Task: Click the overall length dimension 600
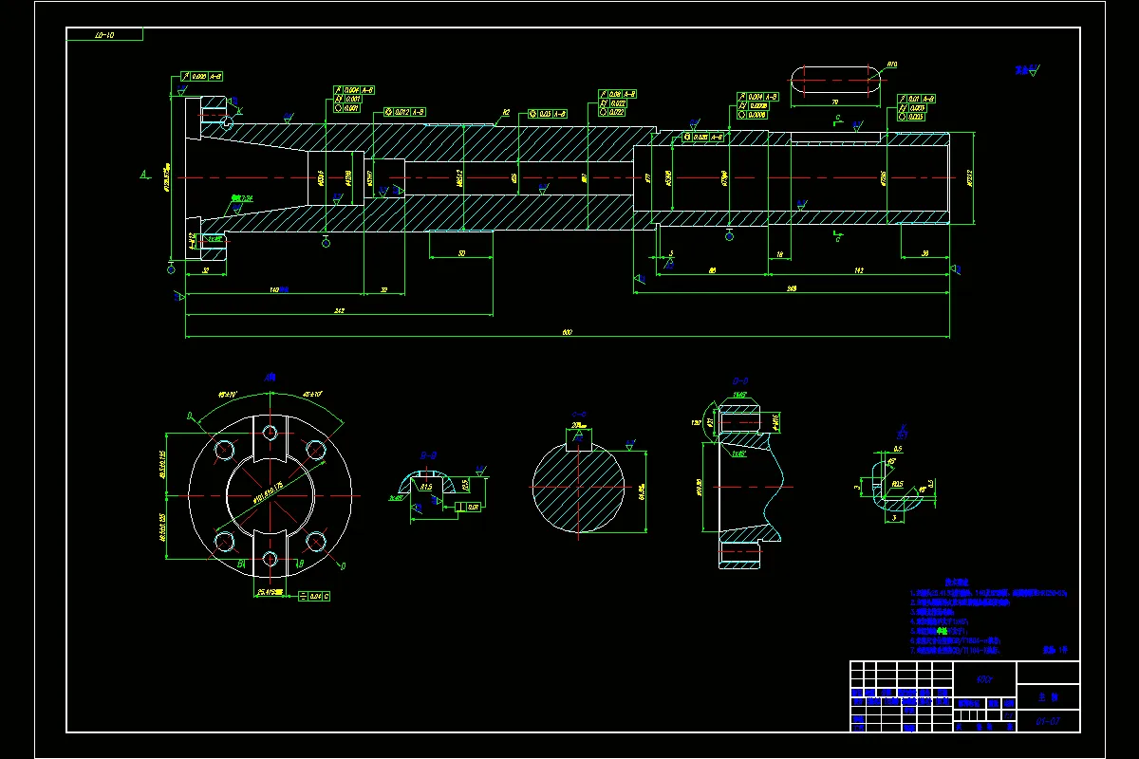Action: pos(568,332)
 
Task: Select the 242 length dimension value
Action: pos(339,310)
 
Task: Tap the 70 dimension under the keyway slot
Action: pos(834,101)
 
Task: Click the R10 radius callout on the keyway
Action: pos(892,65)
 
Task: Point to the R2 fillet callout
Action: pos(506,112)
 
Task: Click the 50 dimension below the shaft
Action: pos(461,253)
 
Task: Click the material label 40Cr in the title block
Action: pos(984,678)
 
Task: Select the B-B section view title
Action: pos(428,454)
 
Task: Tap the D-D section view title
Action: pos(739,382)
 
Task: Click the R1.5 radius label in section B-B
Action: pos(426,487)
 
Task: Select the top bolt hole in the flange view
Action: pos(271,434)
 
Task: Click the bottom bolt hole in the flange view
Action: pos(271,558)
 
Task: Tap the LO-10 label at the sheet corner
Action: pos(104,35)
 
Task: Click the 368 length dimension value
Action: pos(791,287)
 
